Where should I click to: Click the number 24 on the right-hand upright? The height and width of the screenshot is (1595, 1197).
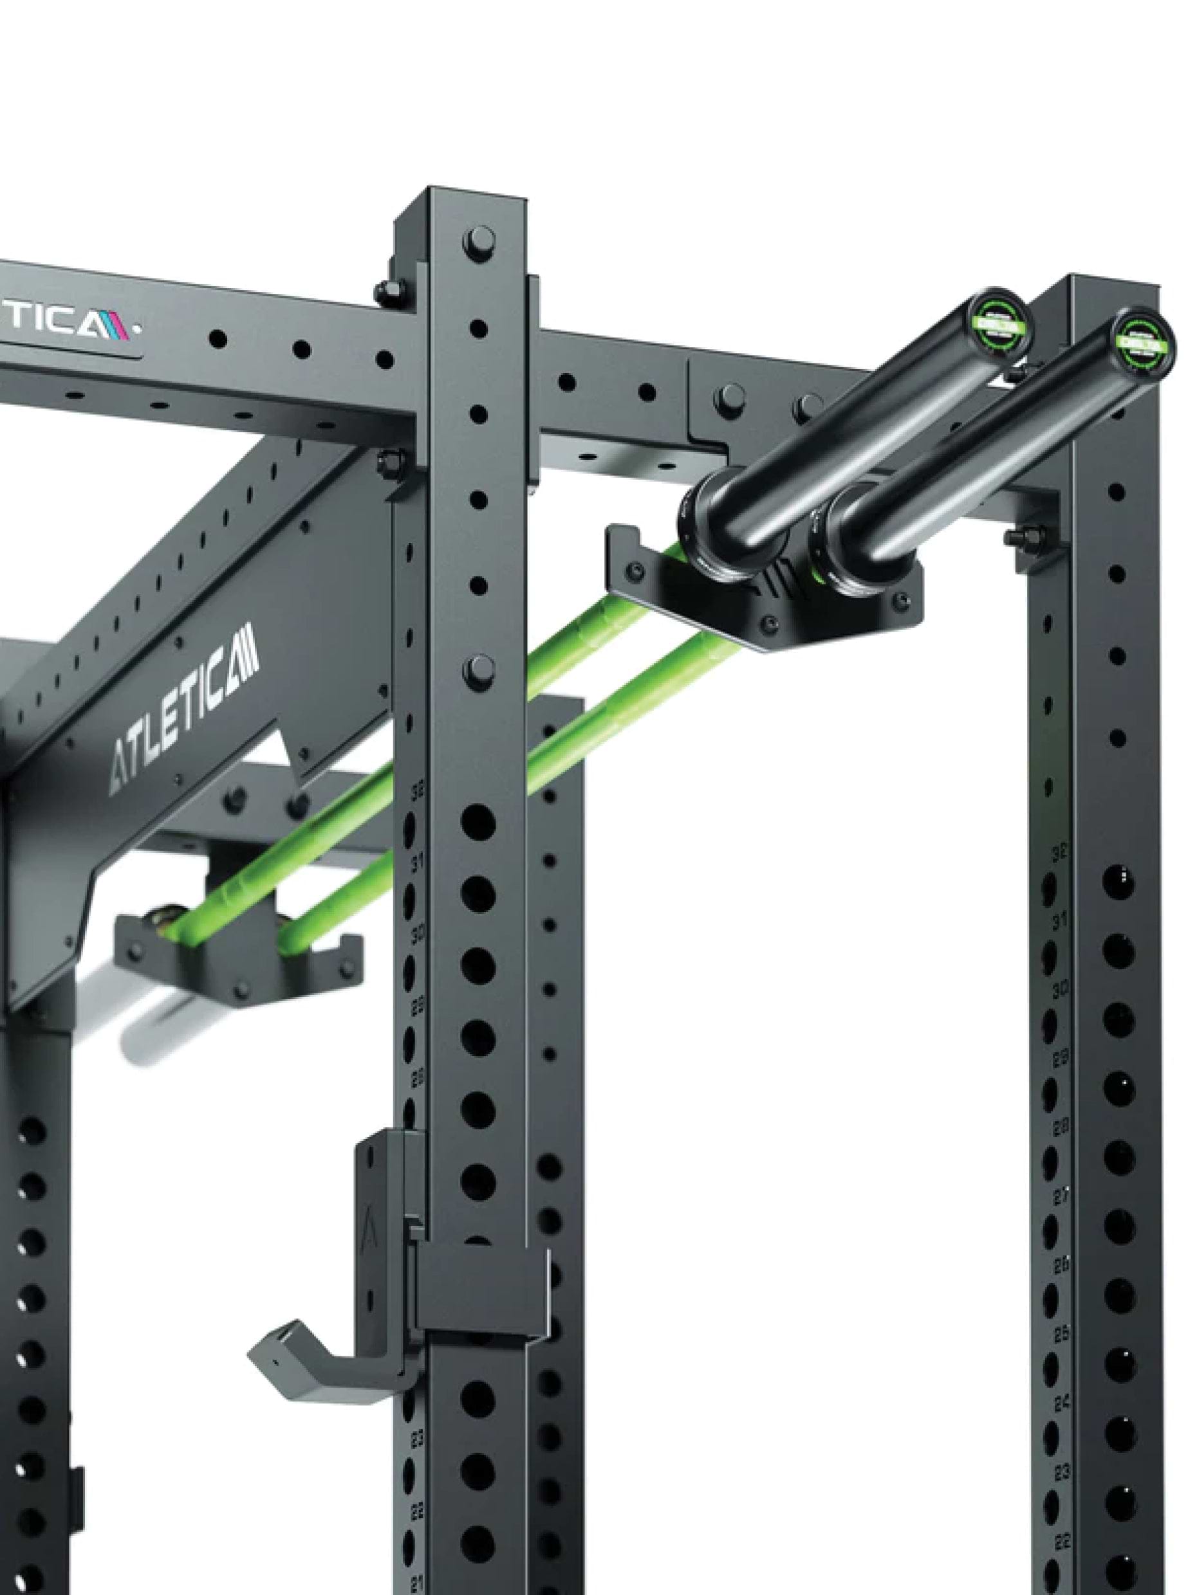[1061, 1403]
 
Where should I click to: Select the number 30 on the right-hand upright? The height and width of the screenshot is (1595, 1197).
[1060, 992]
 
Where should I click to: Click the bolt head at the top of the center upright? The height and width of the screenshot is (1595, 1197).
[480, 239]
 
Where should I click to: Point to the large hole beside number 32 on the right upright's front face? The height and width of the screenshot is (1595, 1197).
[1118, 882]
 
